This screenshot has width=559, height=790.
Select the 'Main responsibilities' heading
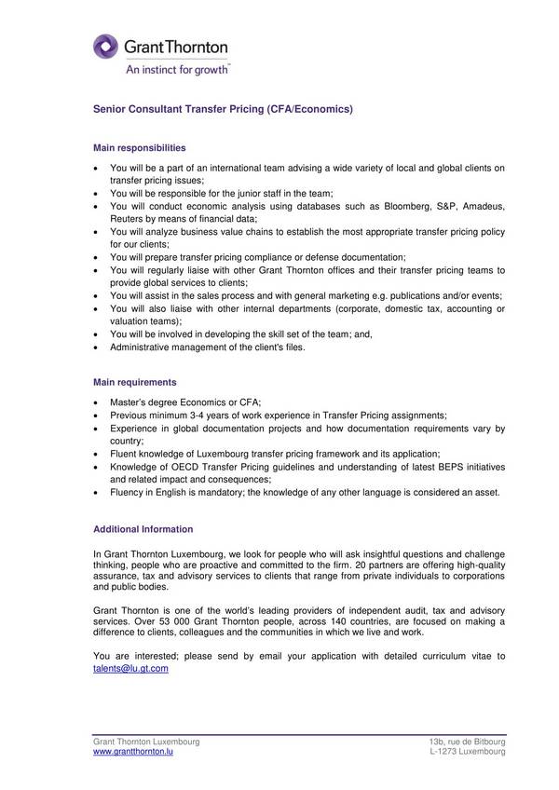[x=140, y=147]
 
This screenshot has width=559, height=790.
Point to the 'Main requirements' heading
[x=135, y=382]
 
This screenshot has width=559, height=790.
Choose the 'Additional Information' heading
[x=143, y=529]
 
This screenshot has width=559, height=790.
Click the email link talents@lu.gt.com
[x=130, y=669]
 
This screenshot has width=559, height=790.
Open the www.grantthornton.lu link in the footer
[x=132, y=751]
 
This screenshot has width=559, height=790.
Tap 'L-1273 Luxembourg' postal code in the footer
[x=468, y=751]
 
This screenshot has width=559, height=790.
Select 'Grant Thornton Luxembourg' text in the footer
[x=146, y=741]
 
